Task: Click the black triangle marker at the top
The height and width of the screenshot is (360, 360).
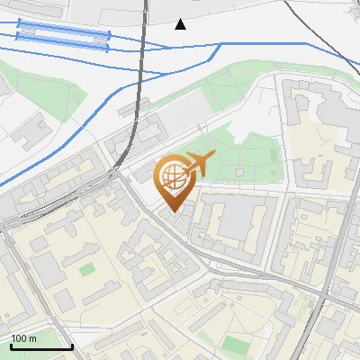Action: click(181, 24)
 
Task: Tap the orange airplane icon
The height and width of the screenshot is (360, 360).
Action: click(198, 165)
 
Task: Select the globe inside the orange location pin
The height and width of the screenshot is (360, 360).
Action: click(175, 180)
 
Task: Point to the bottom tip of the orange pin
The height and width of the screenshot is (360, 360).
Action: click(175, 211)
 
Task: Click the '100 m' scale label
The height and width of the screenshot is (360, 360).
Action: click(24, 338)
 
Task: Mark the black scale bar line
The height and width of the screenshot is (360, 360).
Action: click(41, 346)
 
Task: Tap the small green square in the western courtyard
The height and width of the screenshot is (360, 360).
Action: click(86, 269)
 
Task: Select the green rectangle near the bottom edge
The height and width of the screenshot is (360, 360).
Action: click(236, 345)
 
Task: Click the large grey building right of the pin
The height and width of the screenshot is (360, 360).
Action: click(237, 219)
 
